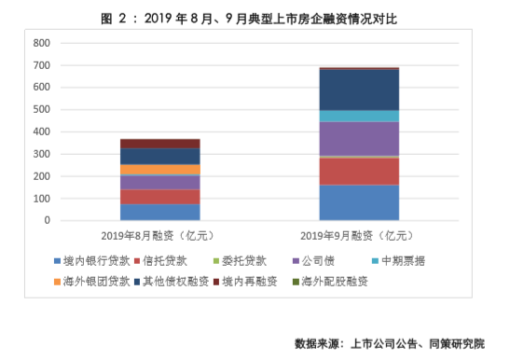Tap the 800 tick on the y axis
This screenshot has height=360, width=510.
tap(41, 44)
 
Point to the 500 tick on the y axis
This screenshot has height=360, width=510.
tap(41, 110)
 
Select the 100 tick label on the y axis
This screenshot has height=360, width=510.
tap(41, 199)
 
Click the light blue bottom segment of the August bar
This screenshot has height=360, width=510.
tap(160, 213)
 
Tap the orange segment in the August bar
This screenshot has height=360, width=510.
tap(160, 170)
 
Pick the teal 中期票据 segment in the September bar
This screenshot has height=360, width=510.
tap(359, 117)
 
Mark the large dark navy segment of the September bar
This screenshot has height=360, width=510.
tap(359, 90)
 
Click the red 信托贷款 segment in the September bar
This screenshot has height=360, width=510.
tap(359, 171)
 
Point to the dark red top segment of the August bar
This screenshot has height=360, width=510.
tap(160, 144)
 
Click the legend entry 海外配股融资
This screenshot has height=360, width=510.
tap(333, 280)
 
